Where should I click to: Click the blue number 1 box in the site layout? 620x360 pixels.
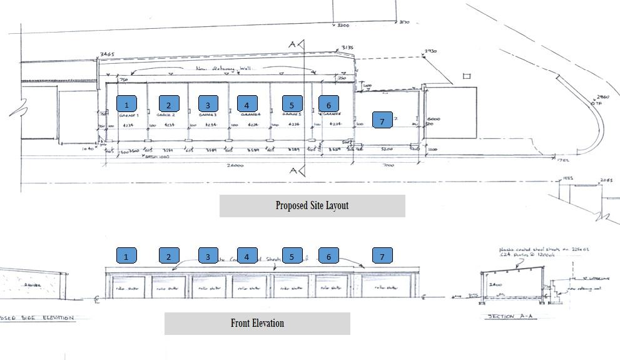(x=126, y=105)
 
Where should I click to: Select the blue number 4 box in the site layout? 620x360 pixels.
(x=247, y=105)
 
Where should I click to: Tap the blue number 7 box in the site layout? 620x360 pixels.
(x=382, y=120)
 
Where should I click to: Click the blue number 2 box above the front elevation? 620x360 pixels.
(x=169, y=255)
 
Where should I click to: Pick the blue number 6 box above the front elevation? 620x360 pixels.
(x=328, y=255)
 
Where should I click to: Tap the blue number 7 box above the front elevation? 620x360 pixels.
(x=382, y=255)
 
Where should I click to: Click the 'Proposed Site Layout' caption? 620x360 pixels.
(x=312, y=205)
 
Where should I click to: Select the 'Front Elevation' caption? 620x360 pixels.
(x=257, y=323)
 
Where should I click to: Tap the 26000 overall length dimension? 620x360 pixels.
(x=234, y=166)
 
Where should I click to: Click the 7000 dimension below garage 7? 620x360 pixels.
(x=388, y=166)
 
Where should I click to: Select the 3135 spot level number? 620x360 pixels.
(x=347, y=48)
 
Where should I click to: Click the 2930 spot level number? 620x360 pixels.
(x=430, y=51)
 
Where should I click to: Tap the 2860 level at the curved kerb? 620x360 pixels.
(x=602, y=97)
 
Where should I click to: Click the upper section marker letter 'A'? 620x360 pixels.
(x=292, y=44)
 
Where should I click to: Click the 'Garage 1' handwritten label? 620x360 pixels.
(x=128, y=115)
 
